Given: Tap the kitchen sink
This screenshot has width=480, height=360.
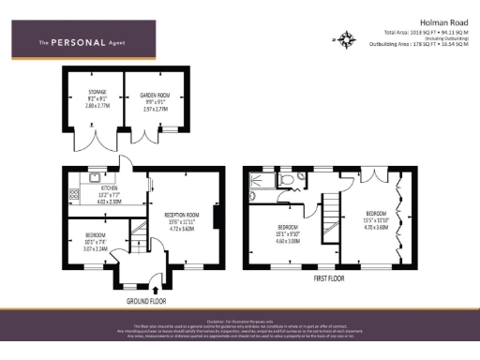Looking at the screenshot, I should click(x=95, y=175).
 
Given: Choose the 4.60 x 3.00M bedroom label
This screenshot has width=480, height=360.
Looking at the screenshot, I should click(x=287, y=233).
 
